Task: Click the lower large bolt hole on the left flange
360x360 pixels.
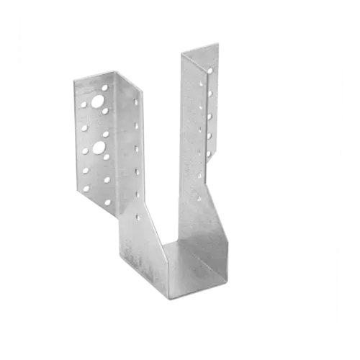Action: point(106,154)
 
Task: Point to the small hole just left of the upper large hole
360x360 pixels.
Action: point(85,104)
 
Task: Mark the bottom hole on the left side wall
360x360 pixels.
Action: point(138,214)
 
